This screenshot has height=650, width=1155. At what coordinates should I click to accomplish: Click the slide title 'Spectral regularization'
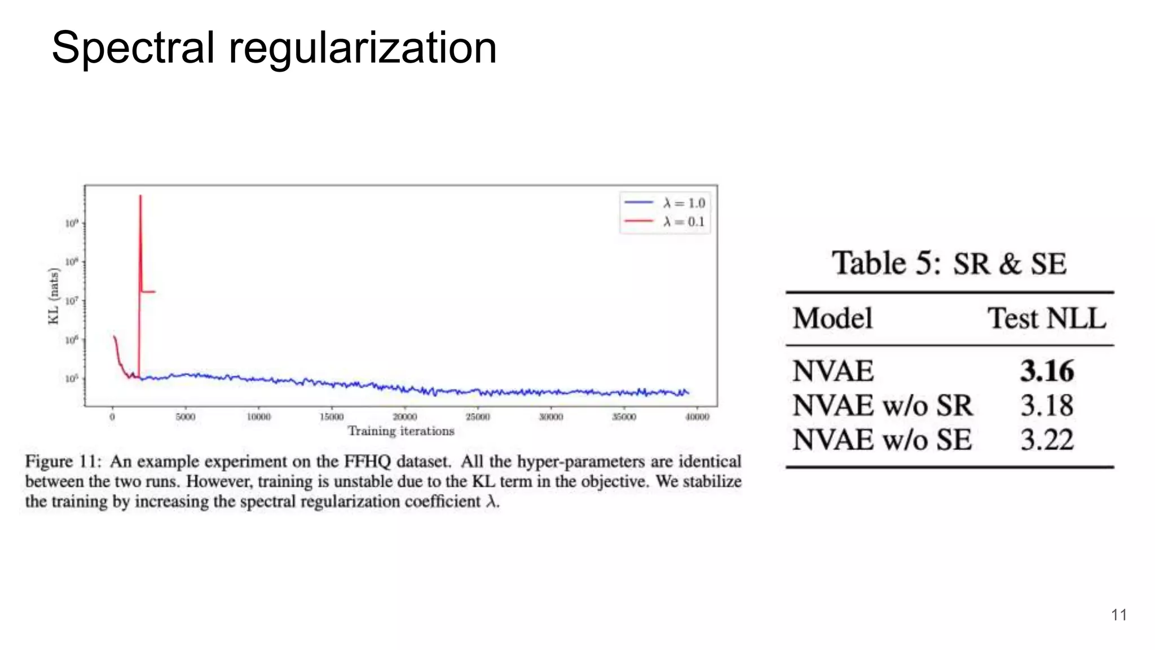tap(274, 48)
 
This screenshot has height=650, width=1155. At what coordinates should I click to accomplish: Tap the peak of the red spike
tap(140, 196)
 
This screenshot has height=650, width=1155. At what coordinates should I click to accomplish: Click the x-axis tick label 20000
tap(404, 417)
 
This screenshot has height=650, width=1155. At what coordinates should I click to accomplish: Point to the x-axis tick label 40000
tap(697, 417)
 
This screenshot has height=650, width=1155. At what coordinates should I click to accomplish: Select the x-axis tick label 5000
tap(185, 417)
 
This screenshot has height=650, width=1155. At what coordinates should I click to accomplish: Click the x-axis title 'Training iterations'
tap(401, 431)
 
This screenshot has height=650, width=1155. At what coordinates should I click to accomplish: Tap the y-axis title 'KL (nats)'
tap(54, 296)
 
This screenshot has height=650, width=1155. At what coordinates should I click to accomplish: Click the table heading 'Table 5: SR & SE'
tap(949, 263)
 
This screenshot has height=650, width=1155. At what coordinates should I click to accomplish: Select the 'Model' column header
tap(832, 318)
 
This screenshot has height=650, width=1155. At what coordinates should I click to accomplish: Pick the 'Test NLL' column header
tap(1046, 318)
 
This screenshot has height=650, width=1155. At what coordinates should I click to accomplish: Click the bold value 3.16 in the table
tap(1047, 371)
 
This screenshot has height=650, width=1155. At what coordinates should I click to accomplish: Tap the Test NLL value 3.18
tap(1047, 406)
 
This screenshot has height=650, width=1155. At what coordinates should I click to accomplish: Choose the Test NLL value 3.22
tap(1047, 440)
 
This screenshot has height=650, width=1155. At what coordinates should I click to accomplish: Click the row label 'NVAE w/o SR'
tap(883, 406)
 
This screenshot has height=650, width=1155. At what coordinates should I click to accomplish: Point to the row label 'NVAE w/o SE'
tap(882, 440)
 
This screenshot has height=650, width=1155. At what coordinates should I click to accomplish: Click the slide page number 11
tap(1119, 615)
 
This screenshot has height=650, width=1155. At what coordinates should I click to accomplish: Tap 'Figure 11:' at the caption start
tap(63, 462)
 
